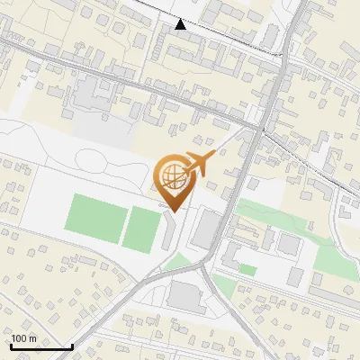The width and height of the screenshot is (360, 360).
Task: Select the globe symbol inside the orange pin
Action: (173, 176)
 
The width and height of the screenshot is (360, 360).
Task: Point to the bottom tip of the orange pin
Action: (173, 211)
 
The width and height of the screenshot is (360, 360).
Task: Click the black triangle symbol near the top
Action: (181, 24)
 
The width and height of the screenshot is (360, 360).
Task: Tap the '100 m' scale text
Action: (23, 338)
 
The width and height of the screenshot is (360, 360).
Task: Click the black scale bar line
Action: (41, 346)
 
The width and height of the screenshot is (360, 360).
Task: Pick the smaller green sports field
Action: (142, 229)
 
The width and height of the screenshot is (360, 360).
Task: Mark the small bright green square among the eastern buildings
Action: (247, 269)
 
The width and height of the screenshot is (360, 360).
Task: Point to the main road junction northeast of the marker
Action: (259, 130)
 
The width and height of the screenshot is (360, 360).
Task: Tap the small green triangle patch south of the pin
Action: (183, 263)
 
